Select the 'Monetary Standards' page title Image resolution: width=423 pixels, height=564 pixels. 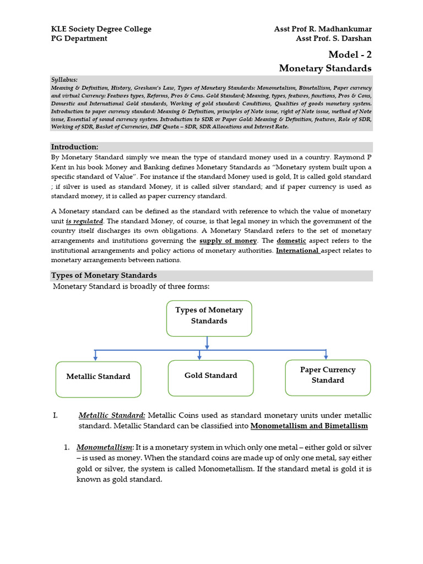pyautogui.click(x=325, y=68)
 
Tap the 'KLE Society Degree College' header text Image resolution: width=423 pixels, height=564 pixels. pyautogui.click(x=101, y=29)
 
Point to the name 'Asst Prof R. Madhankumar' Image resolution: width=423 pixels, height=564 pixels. pyautogui.click(x=323, y=29)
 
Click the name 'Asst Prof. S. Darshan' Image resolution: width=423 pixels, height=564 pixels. pyautogui.click(x=333, y=39)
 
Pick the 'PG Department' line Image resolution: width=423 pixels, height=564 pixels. pyautogui.click(x=79, y=39)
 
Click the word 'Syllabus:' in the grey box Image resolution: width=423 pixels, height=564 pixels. pyautogui.click(x=64, y=79)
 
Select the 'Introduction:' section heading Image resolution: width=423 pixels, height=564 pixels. pyautogui.click(x=74, y=147)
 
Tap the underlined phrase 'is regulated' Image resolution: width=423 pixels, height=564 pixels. pyautogui.click(x=84, y=221)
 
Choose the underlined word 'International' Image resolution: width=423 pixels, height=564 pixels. pyautogui.click(x=297, y=251)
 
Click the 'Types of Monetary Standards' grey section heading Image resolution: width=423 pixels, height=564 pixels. pyautogui.click(x=104, y=275)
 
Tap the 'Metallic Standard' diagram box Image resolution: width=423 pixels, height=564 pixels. pyautogui.click(x=98, y=379)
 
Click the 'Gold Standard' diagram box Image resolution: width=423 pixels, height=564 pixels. pyautogui.click(x=210, y=378)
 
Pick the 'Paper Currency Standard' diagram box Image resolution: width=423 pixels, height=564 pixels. pyautogui.click(x=328, y=377)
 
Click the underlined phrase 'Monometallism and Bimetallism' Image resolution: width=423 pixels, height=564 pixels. pyautogui.click(x=308, y=426)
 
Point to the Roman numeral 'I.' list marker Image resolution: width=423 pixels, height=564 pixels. pyautogui.click(x=56, y=415)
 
